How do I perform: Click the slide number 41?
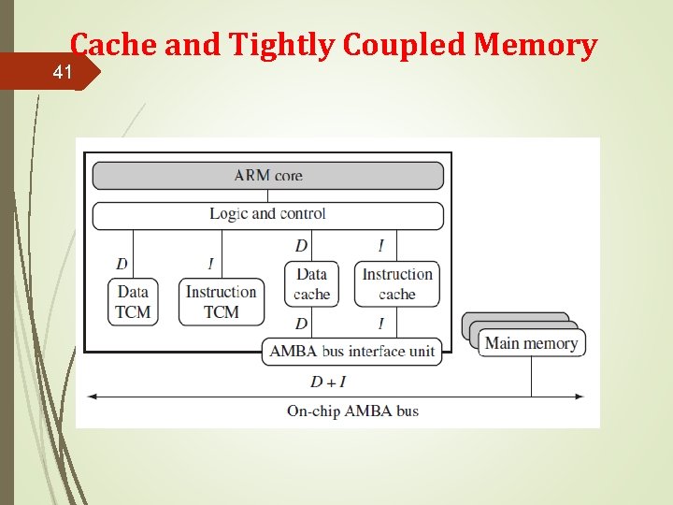pos(62,71)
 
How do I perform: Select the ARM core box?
pos(267,175)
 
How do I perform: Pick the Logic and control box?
pos(267,214)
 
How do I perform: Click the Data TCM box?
pos(133,301)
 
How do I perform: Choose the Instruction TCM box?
pos(221,301)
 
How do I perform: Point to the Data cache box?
pos(311,283)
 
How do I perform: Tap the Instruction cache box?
pos(397,283)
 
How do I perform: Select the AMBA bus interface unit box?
pos(352,352)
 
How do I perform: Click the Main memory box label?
pos(531,343)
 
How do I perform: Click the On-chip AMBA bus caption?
pos(352,411)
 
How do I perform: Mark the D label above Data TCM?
pos(122,264)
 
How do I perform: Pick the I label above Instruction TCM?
pos(211,264)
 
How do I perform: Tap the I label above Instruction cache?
pos(380,246)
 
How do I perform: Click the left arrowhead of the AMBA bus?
pos(92,397)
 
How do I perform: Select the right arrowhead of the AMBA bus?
pos(580,397)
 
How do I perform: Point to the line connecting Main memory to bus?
pos(531,376)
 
